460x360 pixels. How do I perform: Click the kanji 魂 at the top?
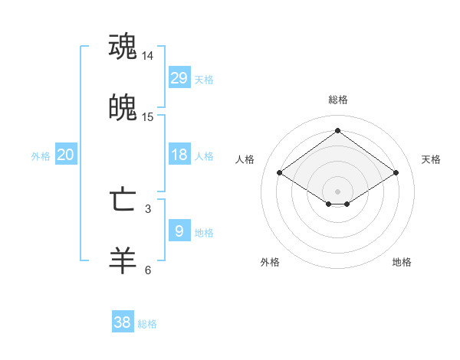(123, 46)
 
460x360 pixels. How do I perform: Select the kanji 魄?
(123, 108)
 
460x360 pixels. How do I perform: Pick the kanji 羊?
(123, 260)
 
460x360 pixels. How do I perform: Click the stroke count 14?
(148, 56)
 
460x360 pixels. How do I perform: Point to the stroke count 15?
(148, 117)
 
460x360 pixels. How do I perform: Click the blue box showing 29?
(179, 77)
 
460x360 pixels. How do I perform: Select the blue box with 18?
(179, 155)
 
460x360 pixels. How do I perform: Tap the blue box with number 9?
(179, 231)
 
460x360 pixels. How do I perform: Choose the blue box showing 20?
(65, 155)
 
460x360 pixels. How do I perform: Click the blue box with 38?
(123, 322)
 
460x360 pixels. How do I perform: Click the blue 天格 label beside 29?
(204, 79)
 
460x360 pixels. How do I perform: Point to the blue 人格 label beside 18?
(204, 155)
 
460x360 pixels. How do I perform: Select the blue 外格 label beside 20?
(41, 155)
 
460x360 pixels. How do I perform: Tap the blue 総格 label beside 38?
(147, 324)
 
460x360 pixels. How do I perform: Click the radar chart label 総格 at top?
(338, 100)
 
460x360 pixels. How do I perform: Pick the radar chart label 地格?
(402, 262)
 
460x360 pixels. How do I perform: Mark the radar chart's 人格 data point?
(280, 173)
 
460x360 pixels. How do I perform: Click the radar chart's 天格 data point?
(396, 173)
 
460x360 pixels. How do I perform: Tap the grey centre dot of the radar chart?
(338, 191)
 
